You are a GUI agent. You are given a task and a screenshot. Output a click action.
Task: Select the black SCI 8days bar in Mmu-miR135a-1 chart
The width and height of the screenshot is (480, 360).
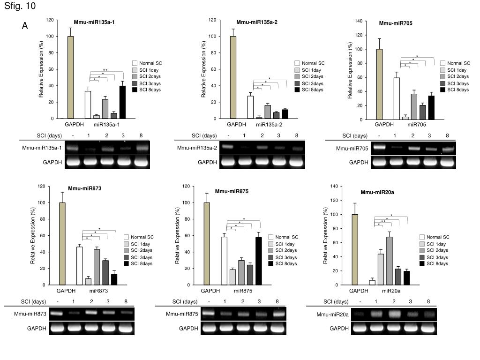tap(122, 102)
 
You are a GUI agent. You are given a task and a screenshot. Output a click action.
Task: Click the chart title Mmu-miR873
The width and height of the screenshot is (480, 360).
tap(85, 188)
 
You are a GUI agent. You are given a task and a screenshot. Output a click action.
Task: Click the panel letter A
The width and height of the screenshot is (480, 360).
tap(25, 26)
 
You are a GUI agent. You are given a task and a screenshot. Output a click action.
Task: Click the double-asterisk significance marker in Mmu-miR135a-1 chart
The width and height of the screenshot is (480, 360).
tap(105, 70)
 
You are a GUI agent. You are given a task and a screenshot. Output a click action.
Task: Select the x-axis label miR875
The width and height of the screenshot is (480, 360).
tap(243, 291)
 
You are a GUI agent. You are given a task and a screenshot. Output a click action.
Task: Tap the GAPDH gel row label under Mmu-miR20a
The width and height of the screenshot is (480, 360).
tap(339, 329)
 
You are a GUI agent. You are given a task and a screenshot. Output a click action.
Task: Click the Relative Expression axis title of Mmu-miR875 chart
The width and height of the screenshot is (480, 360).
tap(179, 236)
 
